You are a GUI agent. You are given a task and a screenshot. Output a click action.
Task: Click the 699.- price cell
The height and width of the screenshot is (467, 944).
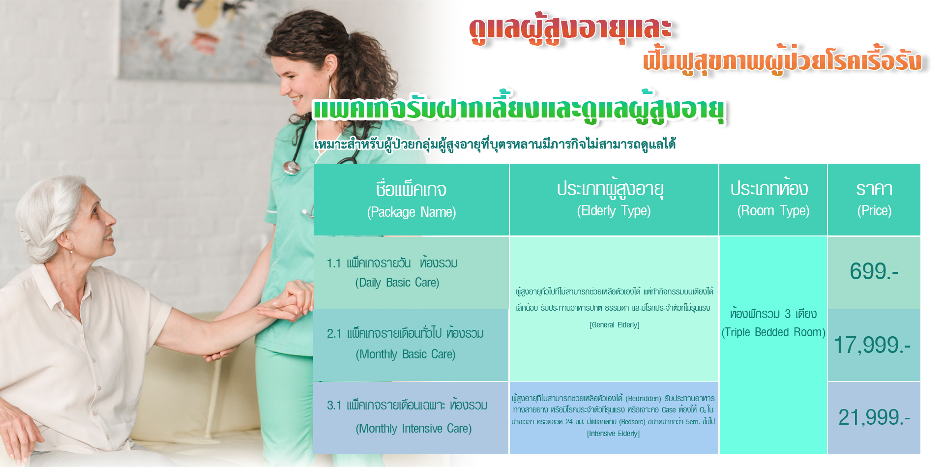coord(874,271)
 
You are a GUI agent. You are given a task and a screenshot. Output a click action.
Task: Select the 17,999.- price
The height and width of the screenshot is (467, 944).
coord(872,345)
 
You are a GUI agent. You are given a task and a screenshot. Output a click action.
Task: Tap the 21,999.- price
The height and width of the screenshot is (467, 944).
coord(874,417)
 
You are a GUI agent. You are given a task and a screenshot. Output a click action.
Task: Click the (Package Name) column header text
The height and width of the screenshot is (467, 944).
coord(412,212)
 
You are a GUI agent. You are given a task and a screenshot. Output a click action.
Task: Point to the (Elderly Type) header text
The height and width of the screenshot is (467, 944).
coord(614,211)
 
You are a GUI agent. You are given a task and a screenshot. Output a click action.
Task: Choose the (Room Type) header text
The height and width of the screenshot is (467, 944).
coord(773,211)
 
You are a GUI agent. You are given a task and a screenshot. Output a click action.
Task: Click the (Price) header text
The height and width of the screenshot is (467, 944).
coord(874,211)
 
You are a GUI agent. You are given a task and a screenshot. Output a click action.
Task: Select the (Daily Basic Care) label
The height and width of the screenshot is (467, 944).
coord(397,283)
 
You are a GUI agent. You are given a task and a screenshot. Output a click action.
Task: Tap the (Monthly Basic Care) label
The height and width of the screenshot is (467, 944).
coord(406,354)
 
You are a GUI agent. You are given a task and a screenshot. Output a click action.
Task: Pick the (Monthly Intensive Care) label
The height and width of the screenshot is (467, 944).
coord(413,429)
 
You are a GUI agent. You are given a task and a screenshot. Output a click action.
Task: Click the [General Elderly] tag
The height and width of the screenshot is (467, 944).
coord(615,325)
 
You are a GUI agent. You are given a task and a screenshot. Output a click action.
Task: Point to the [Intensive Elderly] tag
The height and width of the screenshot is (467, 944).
coord(613,434)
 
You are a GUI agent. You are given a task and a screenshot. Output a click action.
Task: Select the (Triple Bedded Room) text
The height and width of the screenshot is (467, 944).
coord(773,332)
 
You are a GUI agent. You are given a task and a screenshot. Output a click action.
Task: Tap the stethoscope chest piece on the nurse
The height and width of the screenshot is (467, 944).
coord(291,168)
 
